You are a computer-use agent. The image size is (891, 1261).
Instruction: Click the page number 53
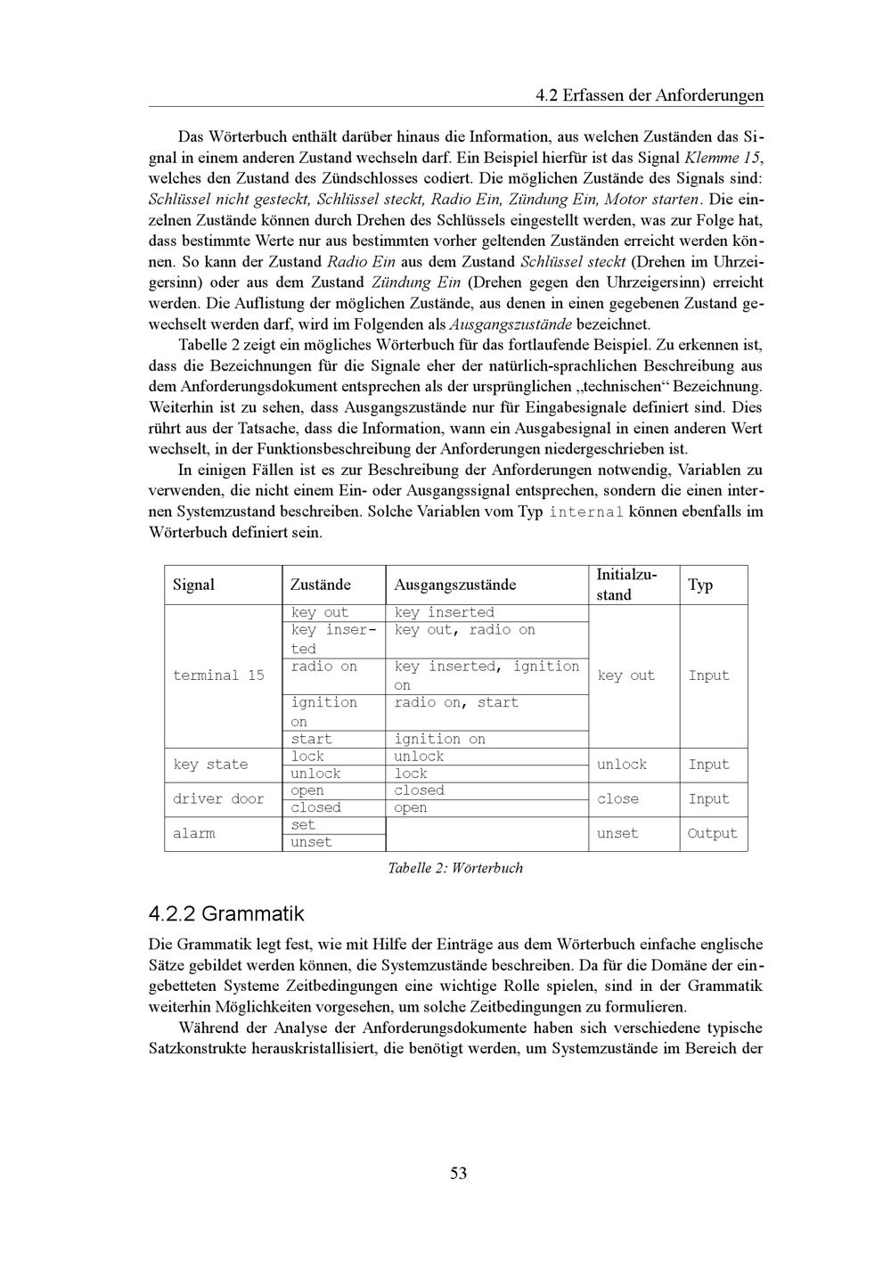coord(458,1173)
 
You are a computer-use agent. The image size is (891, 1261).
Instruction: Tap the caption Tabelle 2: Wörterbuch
coord(455,868)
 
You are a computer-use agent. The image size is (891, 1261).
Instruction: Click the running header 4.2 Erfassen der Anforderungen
coord(650,95)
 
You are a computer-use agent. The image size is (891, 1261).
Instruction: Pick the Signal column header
coord(193,585)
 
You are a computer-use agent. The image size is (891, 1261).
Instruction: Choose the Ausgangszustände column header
coord(454,585)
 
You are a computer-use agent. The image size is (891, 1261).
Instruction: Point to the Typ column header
coord(700,585)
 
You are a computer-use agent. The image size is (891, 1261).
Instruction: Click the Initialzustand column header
coord(626,585)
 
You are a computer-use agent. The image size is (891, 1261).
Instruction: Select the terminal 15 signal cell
coord(218,676)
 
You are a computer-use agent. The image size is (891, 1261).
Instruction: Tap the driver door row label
coord(218,799)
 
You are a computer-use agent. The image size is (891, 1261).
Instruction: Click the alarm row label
coord(194,833)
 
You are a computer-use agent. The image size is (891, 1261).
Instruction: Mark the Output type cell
coord(713,833)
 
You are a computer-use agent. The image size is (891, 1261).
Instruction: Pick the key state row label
coord(210,765)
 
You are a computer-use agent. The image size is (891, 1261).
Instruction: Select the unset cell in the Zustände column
coord(311,842)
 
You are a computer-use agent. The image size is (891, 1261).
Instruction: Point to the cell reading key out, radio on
coord(464,630)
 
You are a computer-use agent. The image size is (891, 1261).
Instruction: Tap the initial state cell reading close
coord(617,799)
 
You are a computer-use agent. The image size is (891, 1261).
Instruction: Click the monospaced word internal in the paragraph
coord(585,512)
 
